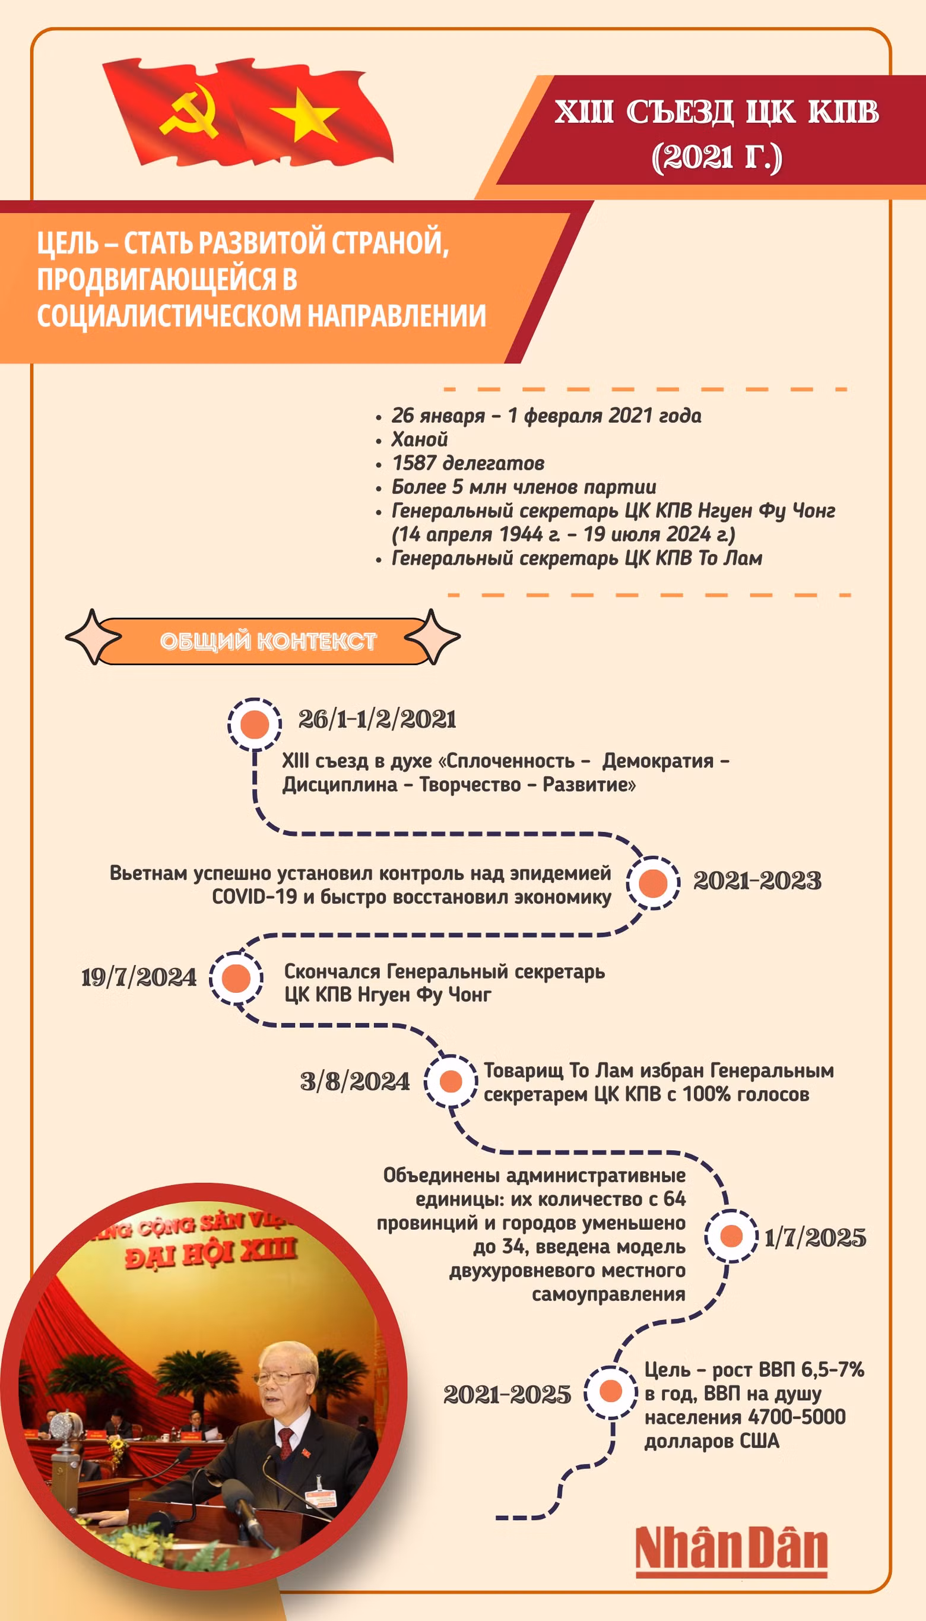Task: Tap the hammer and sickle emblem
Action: click(x=189, y=112)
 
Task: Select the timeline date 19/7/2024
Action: click(x=139, y=977)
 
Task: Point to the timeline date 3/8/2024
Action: click(x=355, y=1081)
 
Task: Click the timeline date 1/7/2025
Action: click(x=816, y=1237)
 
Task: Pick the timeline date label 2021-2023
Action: click(x=757, y=881)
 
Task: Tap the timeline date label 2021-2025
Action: click(x=507, y=1395)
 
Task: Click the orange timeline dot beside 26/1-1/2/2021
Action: click(x=255, y=724)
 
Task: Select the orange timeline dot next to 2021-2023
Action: click(x=652, y=882)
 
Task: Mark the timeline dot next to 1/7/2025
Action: click(x=731, y=1236)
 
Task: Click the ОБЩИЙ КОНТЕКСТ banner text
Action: click(x=268, y=641)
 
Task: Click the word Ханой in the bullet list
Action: click(x=420, y=439)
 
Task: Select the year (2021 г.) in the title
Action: click(x=716, y=157)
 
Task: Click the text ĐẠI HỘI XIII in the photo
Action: click(x=211, y=1252)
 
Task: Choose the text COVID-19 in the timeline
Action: click(x=255, y=897)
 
